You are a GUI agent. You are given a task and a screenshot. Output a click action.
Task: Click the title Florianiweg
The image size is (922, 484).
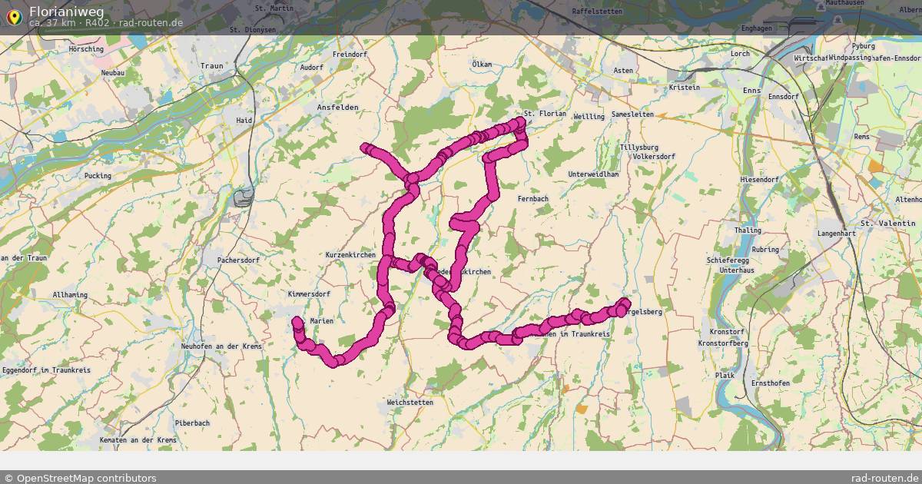click(x=67, y=12)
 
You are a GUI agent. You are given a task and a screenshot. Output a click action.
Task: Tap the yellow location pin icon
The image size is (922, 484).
click(x=14, y=16)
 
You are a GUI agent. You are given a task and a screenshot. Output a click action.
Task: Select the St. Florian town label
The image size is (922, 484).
click(x=545, y=114)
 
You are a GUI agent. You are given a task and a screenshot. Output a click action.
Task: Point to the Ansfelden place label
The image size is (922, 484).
click(x=338, y=108)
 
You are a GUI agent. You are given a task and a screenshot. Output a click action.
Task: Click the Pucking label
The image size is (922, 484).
click(x=98, y=176)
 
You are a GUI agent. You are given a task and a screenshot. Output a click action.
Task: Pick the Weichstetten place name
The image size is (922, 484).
click(x=410, y=403)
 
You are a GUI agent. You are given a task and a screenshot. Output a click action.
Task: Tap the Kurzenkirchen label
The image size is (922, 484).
click(x=350, y=255)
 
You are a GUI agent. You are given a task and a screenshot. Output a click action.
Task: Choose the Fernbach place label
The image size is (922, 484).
click(x=532, y=199)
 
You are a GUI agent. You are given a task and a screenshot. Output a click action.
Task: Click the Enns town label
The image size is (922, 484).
click(x=752, y=91)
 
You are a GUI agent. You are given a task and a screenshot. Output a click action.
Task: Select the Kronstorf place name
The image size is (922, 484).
click(x=721, y=332)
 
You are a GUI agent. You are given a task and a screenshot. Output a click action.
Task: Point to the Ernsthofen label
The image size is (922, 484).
click(x=771, y=383)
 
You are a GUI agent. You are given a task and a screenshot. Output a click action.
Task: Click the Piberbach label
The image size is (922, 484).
click(x=192, y=423)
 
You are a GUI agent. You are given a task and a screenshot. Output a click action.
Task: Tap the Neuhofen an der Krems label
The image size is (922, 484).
click(x=221, y=346)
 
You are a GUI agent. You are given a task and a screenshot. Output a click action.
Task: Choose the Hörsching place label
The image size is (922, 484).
click(x=86, y=49)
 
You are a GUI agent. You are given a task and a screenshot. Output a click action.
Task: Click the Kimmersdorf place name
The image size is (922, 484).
click(x=309, y=294)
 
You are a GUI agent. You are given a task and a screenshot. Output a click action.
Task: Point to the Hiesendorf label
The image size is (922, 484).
click(x=759, y=180)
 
